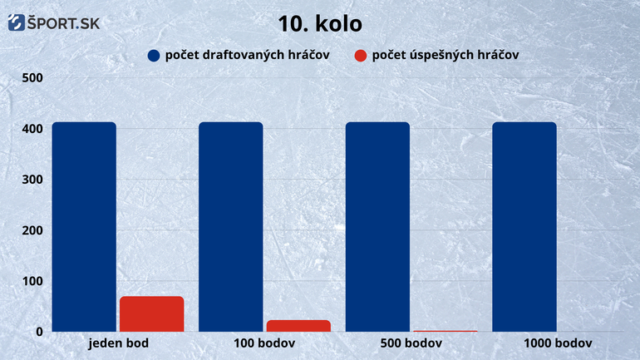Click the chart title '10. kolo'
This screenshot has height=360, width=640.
coord(320,23)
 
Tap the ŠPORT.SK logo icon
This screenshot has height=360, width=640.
coord(17,22)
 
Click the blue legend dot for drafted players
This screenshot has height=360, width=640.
coord(154,56)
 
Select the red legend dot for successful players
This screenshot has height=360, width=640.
coord(361,56)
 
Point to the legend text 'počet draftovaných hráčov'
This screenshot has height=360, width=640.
coord(248,55)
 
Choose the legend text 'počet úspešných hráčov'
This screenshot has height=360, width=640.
coord(446,55)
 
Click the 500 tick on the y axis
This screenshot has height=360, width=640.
coord(32,77)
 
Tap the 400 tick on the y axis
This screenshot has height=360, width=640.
coord(32,129)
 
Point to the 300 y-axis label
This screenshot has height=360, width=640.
coord(32,180)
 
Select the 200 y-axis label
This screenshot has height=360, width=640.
coord(32,230)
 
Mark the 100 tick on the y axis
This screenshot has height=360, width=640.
coord(32,281)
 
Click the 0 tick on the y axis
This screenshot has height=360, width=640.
coord(39,332)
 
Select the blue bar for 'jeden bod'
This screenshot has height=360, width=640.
coord(84,226)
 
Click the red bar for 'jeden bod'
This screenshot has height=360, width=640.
coord(152,314)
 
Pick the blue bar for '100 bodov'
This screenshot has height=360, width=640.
coord(231,226)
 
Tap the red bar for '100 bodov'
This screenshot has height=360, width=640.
coord(298,326)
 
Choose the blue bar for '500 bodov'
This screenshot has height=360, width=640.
coord(377,226)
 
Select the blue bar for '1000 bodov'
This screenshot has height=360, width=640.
coord(524,226)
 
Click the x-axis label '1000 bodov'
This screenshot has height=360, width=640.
coord(558,343)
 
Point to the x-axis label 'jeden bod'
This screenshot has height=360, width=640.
coord(118,343)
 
